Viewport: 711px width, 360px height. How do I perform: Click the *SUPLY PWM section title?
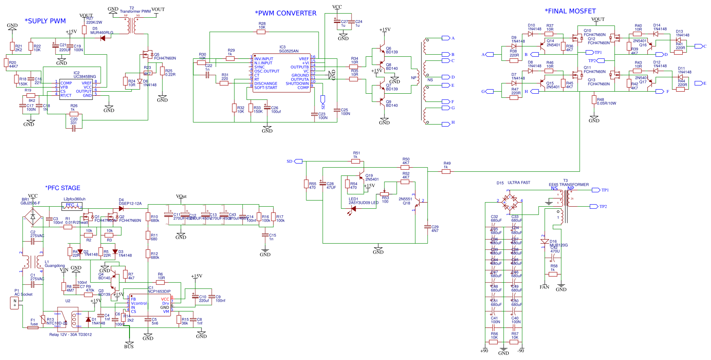45,21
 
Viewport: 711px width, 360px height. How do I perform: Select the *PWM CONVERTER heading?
285,13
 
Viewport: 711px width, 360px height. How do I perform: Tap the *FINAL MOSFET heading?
570,11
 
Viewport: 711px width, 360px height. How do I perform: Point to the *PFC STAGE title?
63,188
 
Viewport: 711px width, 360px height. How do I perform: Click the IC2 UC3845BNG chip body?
77,88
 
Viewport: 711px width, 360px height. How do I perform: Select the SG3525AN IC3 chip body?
281,73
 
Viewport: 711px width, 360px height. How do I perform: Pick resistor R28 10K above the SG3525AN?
261,32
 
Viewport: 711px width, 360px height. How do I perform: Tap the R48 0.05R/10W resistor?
594,100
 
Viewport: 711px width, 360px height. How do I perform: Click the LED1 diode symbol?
354,209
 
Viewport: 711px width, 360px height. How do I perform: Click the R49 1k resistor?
446,171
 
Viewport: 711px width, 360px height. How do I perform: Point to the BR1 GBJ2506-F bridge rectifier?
33,216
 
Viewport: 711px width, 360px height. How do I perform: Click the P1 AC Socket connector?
15,303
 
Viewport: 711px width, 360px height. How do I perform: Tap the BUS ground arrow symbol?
129,343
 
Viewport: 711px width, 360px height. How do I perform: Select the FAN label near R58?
544,287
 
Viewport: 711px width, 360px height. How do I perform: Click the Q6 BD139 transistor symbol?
382,50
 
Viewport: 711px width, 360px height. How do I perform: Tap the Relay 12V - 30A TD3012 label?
70,335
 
